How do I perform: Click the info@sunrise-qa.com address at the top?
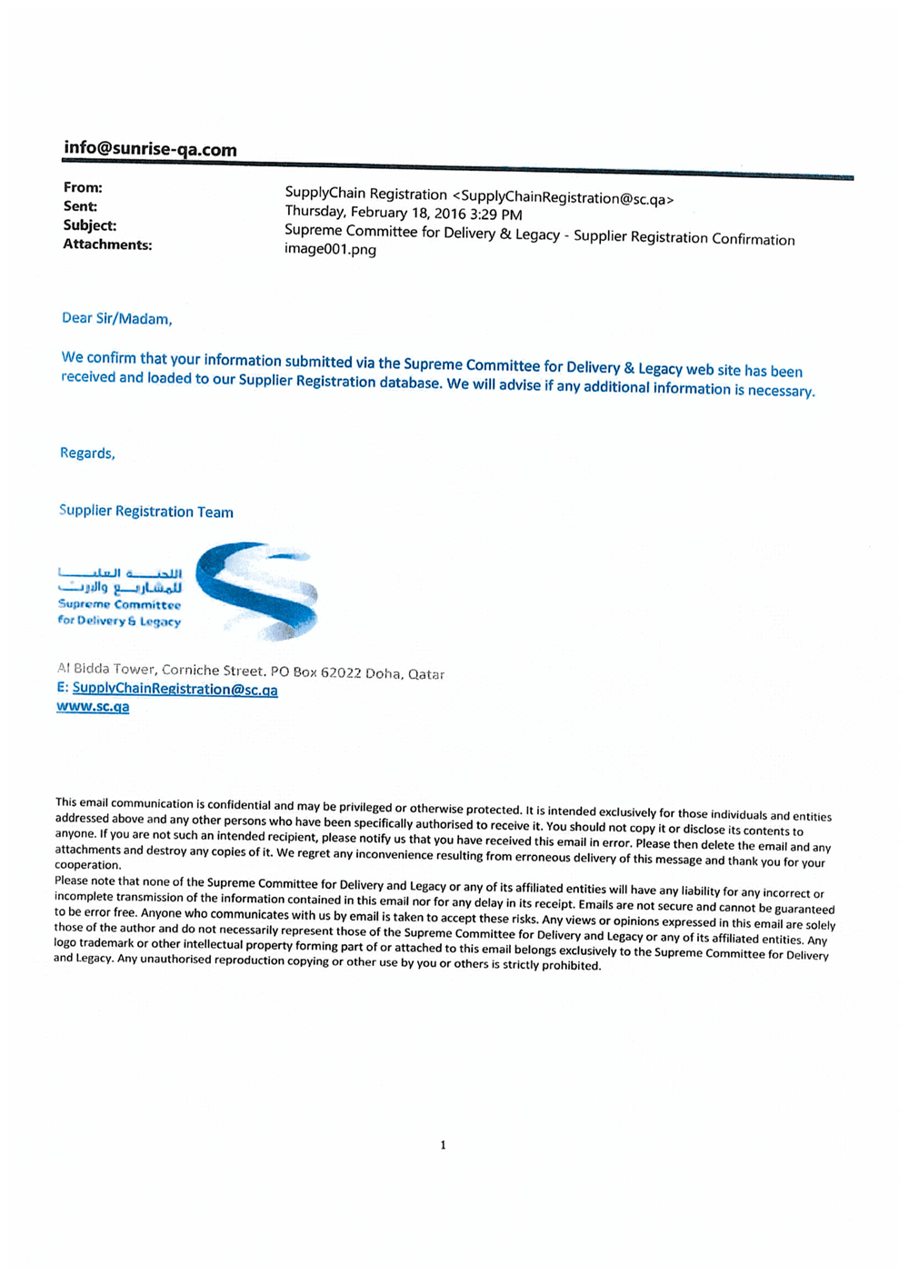(x=150, y=150)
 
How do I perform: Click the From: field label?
(x=83, y=188)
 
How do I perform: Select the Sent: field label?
(x=80, y=207)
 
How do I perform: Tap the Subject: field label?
(x=90, y=225)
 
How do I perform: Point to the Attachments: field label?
(x=107, y=244)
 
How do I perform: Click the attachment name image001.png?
(x=330, y=250)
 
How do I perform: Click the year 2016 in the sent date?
(x=450, y=214)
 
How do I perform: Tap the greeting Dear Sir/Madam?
(x=116, y=318)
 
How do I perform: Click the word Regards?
(x=87, y=453)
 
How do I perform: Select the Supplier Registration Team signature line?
(x=145, y=512)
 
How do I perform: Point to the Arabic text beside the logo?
(x=120, y=580)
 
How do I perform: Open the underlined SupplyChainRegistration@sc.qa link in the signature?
(x=175, y=690)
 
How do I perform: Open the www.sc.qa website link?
(x=93, y=707)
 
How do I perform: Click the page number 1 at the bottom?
(x=443, y=1145)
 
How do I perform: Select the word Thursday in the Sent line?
(x=315, y=212)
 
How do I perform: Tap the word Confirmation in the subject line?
(x=753, y=240)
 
